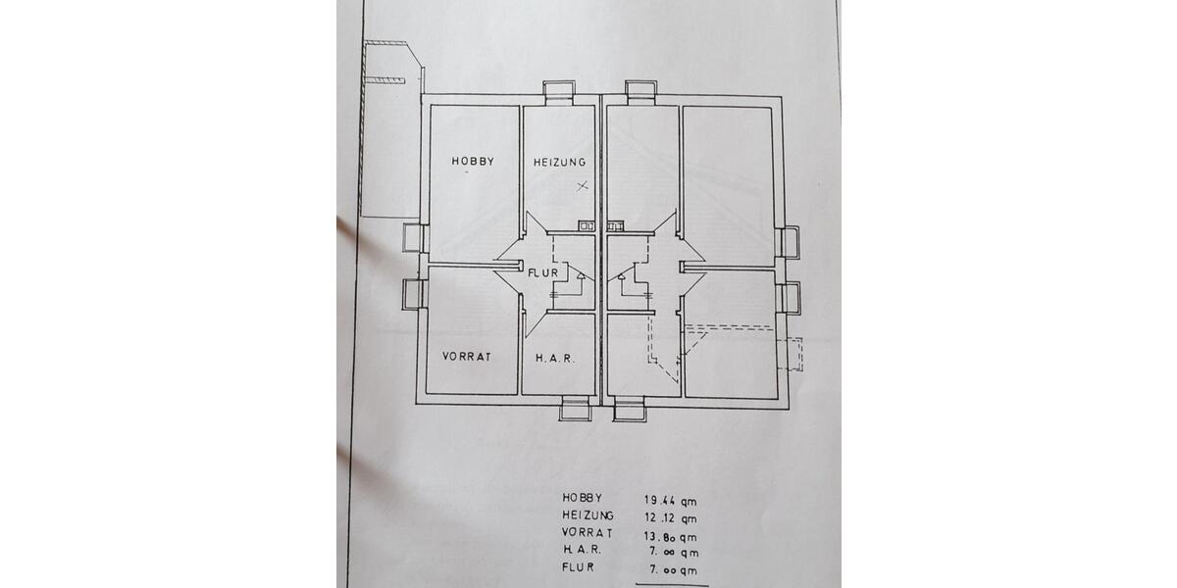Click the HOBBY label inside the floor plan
473,161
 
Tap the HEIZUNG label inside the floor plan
559,162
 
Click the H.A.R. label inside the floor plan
554,359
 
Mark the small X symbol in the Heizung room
582,185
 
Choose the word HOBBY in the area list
583,499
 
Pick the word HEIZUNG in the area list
588,516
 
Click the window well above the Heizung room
560,91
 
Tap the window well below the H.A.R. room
575,409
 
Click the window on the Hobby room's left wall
412,238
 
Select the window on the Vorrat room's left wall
412,294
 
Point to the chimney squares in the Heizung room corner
586,225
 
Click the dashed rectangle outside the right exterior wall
792,354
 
